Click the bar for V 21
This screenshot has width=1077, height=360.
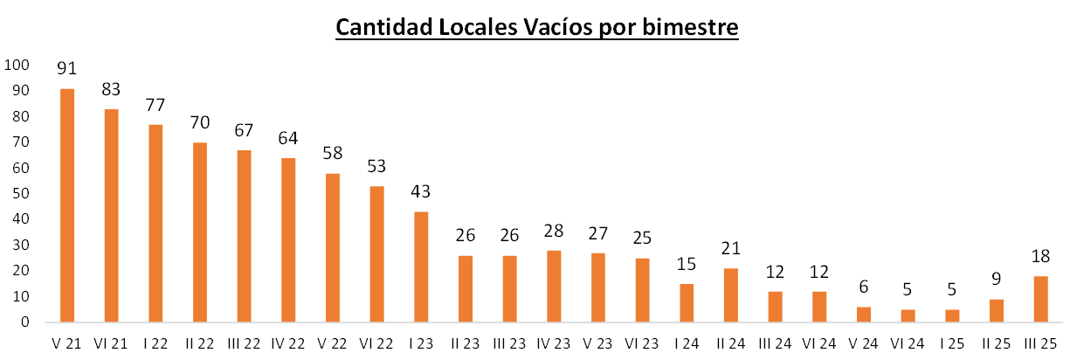point(67,205)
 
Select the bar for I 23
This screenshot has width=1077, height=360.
point(422,267)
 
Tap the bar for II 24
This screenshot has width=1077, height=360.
point(732,295)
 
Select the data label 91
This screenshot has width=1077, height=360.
point(67,68)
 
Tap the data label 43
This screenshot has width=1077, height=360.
point(422,191)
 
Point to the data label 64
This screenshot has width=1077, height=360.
point(288,137)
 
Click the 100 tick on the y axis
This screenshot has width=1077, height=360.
point(17,65)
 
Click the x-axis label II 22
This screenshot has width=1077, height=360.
point(200,344)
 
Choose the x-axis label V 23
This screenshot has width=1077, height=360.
point(599,344)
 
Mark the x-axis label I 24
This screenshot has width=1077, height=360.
point(687,344)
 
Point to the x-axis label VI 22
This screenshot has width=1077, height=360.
point(377,344)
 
